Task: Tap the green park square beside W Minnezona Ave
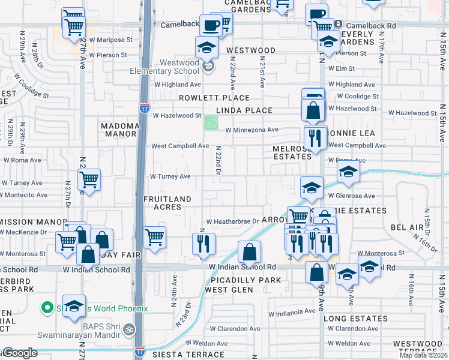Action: [x=211, y=123]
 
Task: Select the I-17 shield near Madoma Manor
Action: [x=145, y=108]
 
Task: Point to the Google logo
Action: [x=20, y=353]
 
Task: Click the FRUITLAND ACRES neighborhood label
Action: [x=167, y=203]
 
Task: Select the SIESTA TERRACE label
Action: [x=188, y=355]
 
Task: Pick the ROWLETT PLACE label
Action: [x=214, y=98]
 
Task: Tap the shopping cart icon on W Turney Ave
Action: [x=89, y=179]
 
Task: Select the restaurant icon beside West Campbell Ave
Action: [x=315, y=138]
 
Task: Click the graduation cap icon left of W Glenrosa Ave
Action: [x=312, y=187]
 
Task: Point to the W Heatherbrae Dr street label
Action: [x=232, y=221]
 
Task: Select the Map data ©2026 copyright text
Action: [x=423, y=355]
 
